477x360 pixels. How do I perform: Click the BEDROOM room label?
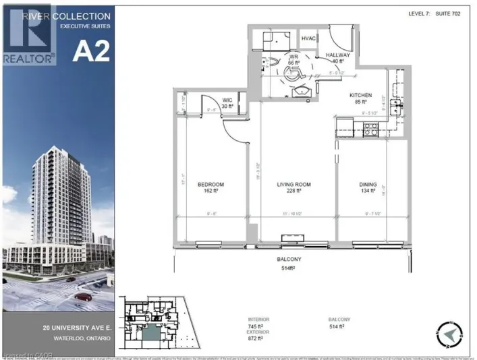click(x=211, y=185)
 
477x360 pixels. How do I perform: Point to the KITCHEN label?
click(x=361, y=96)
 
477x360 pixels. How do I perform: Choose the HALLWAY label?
click(x=337, y=54)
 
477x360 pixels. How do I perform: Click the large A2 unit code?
click(x=90, y=52)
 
